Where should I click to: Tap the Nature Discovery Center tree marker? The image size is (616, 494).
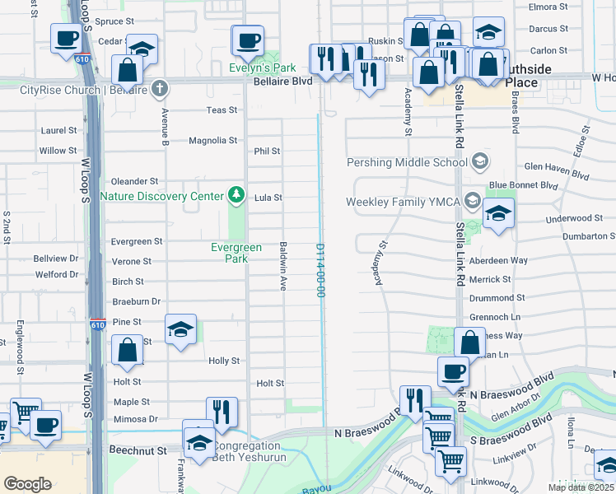pyautogui.click(x=237, y=194)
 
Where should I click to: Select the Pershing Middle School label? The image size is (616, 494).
pyautogui.click(x=407, y=162)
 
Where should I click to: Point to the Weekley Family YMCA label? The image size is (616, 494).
pyautogui.click(x=403, y=202)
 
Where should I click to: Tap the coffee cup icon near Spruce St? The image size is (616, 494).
pyautogui.click(x=65, y=37)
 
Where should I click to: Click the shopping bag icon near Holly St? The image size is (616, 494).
pyautogui.click(x=128, y=349)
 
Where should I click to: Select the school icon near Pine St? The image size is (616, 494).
pyautogui.click(x=180, y=329)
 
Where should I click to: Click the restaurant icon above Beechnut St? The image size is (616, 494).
pyautogui.click(x=221, y=412)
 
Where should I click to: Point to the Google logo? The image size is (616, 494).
pyautogui.click(x=27, y=484)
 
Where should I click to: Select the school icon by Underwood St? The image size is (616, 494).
pyautogui.click(x=497, y=214)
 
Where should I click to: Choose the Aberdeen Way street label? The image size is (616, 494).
pyautogui.click(x=497, y=260)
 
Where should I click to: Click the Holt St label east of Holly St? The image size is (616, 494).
pyautogui.click(x=270, y=384)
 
